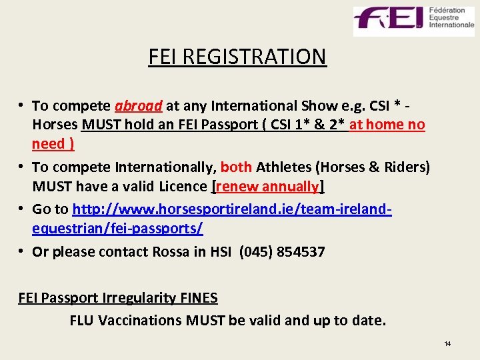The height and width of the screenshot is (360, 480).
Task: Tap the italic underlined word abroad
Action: coord(139,105)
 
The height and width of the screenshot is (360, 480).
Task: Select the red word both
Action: coord(236,167)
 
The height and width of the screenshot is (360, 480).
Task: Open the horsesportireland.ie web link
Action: coord(231,209)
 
